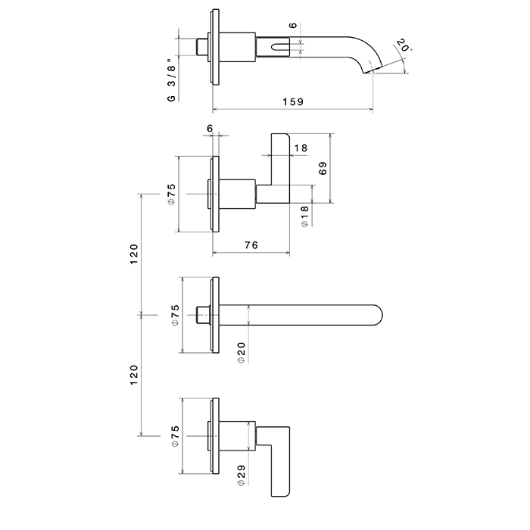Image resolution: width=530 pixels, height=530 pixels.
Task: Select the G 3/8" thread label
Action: point(172,76)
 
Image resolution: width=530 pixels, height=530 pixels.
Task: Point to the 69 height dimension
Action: point(323,169)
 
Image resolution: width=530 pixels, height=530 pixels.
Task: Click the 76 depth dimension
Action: point(252,245)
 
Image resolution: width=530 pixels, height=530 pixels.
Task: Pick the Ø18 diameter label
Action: point(304,217)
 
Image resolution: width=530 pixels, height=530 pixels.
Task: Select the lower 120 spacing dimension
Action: point(133,376)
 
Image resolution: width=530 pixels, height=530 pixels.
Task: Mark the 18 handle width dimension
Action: point(301,149)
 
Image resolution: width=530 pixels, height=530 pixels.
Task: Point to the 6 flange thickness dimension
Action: point(210,129)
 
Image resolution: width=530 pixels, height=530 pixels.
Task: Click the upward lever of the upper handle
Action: point(280,159)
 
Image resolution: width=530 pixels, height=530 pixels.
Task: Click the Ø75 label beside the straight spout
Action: point(173,315)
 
